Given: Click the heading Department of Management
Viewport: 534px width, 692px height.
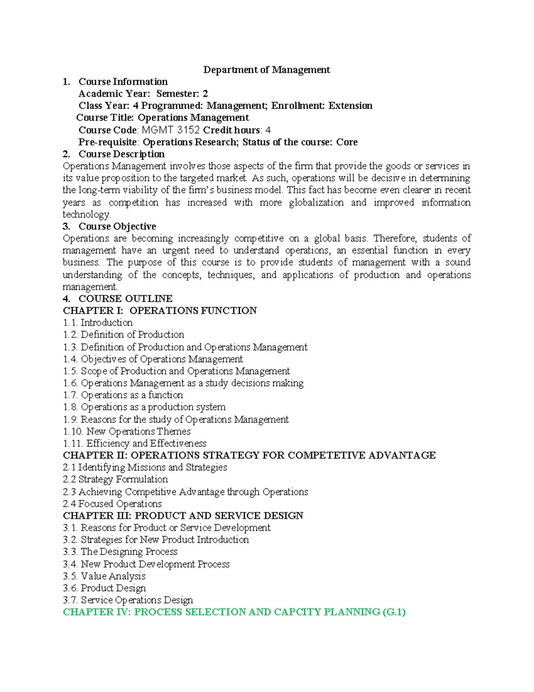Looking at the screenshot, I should tap(267, 70).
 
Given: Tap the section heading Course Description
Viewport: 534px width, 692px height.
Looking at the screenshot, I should tap(121, 154).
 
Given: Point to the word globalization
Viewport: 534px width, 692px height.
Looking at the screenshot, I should tap(316, 202).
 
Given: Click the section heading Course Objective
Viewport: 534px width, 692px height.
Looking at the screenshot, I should tap(117, 226).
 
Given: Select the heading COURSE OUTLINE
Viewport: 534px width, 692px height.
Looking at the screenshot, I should tap(125, 299).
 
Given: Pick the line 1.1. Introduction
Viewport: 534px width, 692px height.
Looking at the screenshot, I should tap(98, 323).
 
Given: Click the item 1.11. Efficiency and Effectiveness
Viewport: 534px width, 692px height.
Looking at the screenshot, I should tap(134, 443).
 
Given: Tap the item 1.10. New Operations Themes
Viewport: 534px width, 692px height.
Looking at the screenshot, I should tap(127, 431).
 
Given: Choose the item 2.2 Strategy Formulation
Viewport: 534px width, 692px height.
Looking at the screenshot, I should tap(115, 479).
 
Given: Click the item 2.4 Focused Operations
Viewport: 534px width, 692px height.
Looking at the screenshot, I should tap(112, 504).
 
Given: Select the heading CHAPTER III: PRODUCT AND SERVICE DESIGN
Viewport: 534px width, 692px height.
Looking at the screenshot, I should tap(183, 516).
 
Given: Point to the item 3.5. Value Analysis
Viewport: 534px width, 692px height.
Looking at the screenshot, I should tap(104, 576).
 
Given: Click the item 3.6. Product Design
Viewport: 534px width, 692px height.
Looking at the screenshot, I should tap(104, 588).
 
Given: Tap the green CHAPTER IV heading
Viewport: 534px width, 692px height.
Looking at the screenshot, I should tap(234, 612).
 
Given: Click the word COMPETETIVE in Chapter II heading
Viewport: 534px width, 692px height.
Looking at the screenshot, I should tap(327, 455).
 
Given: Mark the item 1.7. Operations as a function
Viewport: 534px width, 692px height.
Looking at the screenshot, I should tap(123, 395).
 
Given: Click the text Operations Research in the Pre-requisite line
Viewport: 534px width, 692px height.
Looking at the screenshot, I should tap(190, 142).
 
